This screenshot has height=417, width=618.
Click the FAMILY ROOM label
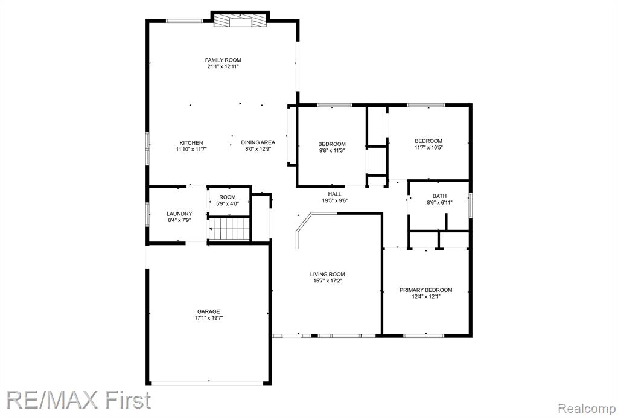tap(223, 60)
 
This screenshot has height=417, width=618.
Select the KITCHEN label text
tap(191, 142)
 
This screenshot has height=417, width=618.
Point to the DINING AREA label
tap(258, 142)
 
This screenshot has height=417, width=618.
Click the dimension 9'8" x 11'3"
tap(332, 150)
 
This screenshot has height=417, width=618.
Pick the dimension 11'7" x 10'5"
tap(428, 147)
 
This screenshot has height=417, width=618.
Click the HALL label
tap(334, 194)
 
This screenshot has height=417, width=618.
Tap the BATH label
tap(439, 196)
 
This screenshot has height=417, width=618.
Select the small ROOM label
tap(228, 197)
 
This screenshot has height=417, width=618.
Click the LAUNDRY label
tap(179, 214)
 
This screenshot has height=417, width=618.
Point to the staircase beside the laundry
tap(229, 229)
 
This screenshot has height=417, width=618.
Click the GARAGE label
tap(208, 311)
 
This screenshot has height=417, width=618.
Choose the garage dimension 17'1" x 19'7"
tap(209, 317)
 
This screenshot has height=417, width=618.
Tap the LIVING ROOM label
tap(328, 275)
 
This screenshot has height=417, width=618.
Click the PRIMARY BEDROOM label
tap(425, 290)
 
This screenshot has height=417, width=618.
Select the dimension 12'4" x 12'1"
tap(426, 296)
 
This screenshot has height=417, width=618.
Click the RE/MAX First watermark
tap(79, 399)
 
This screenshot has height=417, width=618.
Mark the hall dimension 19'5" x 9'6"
tap(334, 200)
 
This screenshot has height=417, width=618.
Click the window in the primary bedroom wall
tap(424, 336)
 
